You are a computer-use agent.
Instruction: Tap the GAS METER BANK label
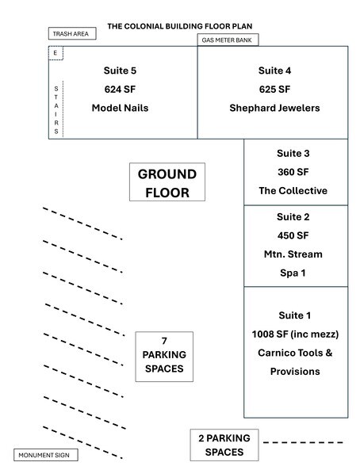[227, 40]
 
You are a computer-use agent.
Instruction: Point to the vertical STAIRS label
[56, 110]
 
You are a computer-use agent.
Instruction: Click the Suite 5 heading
[120, 71]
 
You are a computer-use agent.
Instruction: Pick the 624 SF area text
[120, 89]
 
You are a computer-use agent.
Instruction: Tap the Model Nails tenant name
[120, 108]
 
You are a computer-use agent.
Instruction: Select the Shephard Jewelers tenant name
[274, 108]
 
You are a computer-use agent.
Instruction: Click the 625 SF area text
[274, 89]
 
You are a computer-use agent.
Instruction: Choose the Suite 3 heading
[293, 154]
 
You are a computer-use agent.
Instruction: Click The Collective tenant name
[293, 190]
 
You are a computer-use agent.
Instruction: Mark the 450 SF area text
[293, 235]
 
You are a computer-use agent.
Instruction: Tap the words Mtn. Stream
[293, 254]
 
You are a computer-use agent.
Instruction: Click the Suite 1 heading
[295, 315]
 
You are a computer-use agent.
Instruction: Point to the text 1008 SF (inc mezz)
[295, 334]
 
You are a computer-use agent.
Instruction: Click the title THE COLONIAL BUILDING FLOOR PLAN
[180, 26]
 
